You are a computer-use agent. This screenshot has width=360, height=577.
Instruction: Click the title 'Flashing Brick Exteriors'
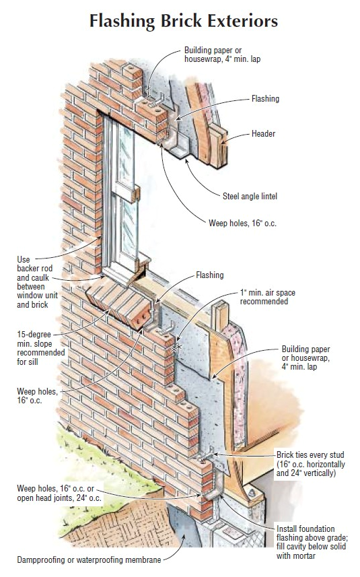pyautogui.click(x=184, y=21)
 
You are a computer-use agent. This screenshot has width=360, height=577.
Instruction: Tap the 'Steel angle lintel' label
pyautogui.click(x=250, y=196)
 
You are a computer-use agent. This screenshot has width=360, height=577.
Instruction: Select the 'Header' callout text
pyautogui.click(x=263, y=133)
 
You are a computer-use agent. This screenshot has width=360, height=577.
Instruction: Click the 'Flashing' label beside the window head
pyautogui.click(x=265, y=98)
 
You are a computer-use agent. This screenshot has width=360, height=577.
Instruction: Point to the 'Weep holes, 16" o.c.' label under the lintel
pyautogui.click(x=242, y=223)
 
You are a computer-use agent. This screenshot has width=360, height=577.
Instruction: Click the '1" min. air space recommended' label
pyautogui.click(x=267, y=297)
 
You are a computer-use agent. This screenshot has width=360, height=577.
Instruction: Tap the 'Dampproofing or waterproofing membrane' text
pyautogui.click(x=89, y=560)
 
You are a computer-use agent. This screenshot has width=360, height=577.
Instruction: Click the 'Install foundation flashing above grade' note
pyautogui.click(x=311, y=542)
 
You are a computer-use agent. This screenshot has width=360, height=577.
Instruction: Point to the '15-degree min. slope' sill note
pyautogui.click(x=41, y=348)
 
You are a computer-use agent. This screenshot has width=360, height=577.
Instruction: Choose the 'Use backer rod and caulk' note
pyautogui.click(x=37, y=282)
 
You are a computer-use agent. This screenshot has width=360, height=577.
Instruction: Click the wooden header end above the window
pyautogui.click(x=219, y=146)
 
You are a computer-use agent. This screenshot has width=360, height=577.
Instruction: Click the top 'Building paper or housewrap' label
pyautogui.click(x=223, y=55)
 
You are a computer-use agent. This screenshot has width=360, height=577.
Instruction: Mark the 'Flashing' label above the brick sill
pyautogui.click(x=209, y=275)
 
